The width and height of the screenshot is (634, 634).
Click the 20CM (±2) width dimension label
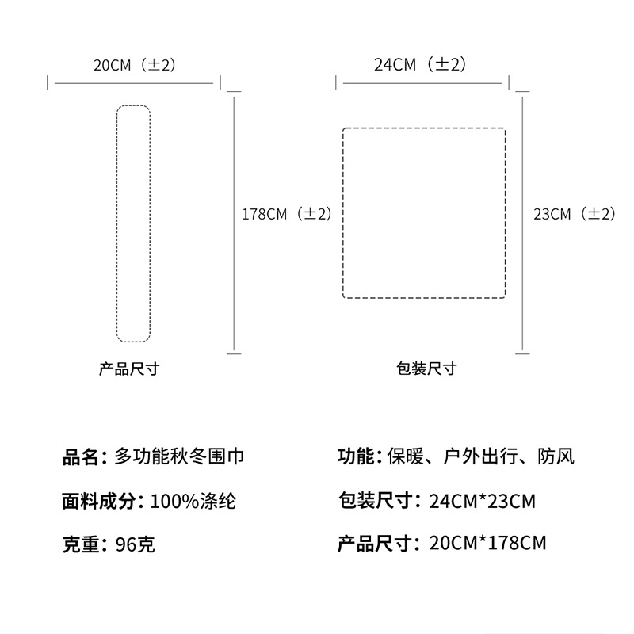click(133, 65)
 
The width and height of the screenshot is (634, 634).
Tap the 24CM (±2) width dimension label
click(419, 65)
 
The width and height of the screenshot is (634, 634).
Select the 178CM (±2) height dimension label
click(286, 214)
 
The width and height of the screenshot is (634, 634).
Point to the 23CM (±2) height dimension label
click(574, 214)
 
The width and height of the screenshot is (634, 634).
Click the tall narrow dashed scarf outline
click(133, 223)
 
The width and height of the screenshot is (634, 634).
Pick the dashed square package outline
click(423, 212)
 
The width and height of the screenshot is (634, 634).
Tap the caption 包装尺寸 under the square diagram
click(426, 369)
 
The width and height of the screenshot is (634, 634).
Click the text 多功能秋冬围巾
click(179, 456)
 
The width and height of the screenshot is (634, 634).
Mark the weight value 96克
click(136, 545)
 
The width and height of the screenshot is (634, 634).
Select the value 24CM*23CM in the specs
click(482, 501)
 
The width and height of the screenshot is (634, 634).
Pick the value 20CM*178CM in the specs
click(487, 544)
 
